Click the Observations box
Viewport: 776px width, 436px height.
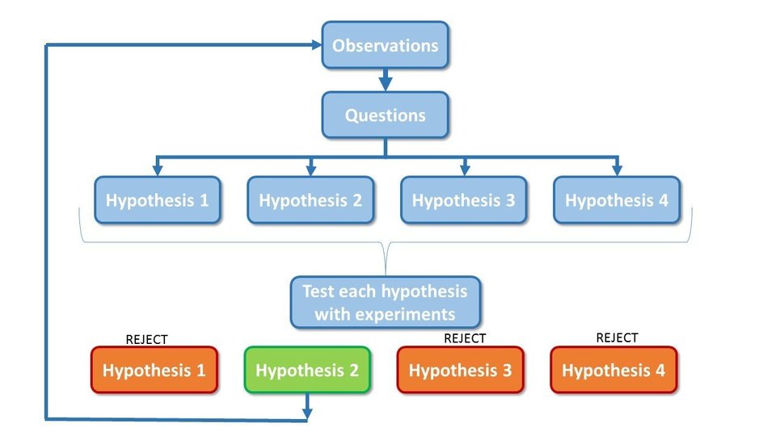(385, 45)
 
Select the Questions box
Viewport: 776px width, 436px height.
(385, 115)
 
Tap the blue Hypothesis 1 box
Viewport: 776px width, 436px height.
(158, 200)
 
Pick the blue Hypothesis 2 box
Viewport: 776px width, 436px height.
(310, 200)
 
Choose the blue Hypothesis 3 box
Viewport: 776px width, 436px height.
(463, 200)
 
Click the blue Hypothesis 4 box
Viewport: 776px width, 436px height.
(617, 200)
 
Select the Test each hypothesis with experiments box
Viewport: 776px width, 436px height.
(385, 302)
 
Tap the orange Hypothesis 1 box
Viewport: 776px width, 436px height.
(154, 371)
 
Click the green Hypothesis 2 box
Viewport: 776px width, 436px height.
(307, 371)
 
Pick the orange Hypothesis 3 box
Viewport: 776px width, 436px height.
(460, 371)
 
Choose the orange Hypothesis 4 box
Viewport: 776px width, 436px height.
(614, 371)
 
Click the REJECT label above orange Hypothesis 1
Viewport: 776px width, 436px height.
(146, 340)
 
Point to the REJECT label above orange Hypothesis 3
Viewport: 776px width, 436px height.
(465, 338)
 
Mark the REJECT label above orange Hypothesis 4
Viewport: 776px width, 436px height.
(617, 337)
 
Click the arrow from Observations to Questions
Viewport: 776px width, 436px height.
(386, 80)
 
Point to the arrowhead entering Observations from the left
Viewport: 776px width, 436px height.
(314, 45)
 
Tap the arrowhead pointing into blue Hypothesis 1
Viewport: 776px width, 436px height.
(158, 170)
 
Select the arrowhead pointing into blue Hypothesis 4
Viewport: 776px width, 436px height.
(616, 170)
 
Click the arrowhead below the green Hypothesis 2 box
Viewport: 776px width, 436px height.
(306, 415)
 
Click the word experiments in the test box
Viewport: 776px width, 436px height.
(408, 314)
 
